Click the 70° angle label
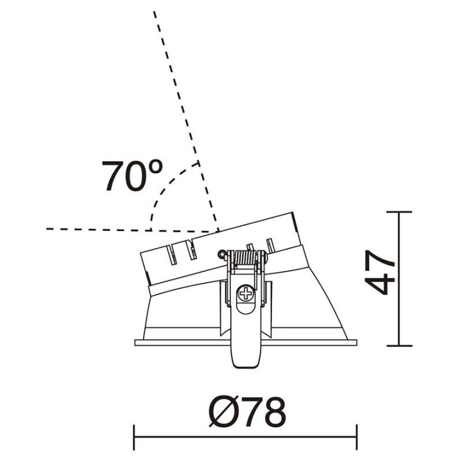click(132, 176)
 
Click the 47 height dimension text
click(379, 273)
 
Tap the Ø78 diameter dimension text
click(247, 411)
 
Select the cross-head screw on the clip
click(246, 293)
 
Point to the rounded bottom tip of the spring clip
click(246, 364)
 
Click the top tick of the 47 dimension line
click(399, 212)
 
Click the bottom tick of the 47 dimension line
click(399, 346)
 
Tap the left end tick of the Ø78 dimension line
click(134, 437)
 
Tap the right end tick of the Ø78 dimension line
click(357, 437)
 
